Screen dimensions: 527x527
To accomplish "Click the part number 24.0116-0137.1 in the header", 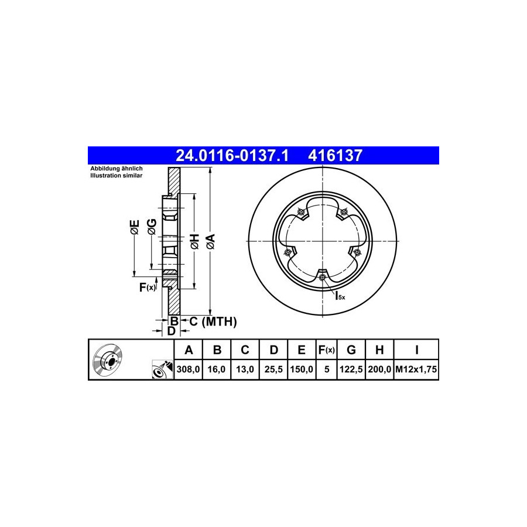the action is coord(232,156).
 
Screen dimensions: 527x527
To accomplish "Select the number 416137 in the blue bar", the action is coord(335,156).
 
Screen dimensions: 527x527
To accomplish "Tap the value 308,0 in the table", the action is coord(188,369).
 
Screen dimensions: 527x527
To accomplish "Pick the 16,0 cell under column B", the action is coord(217,369).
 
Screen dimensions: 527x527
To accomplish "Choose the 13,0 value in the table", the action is coord(245,369).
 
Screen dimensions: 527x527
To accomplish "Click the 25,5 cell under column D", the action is coord(273,369).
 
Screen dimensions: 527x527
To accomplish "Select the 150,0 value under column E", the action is coord(302,369).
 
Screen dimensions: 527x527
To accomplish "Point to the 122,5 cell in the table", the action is coord(351,369).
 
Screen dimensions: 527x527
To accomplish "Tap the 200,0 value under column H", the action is coord(379,369).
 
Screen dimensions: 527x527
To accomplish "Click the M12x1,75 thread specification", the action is coord(416,369).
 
